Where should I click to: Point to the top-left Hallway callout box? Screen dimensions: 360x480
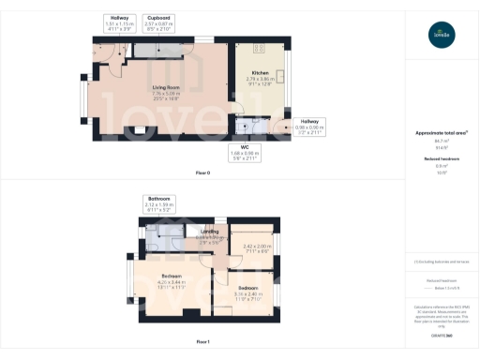[x=119, y=22]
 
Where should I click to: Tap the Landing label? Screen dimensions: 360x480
[x=210, y=232]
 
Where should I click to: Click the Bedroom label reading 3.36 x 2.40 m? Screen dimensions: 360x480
[x=247, y=290]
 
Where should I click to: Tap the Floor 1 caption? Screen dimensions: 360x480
[x=202, y=342]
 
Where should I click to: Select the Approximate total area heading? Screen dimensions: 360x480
[x=441, y=133]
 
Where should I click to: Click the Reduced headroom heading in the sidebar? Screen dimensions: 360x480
[x=441, y=159]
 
